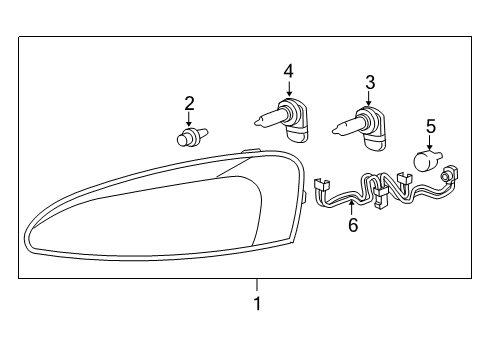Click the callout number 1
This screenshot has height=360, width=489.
click(x=257, y=303)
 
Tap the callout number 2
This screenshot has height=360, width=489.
click(x=189, y=102)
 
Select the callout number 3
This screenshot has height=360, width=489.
click(x=369, y=82)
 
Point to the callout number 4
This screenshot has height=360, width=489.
click(x=288, y=71)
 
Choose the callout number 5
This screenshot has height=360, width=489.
click(x=431, y=126)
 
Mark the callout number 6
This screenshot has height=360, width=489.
click(x=352, y=226)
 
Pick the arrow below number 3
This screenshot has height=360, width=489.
click(x=369, y=99)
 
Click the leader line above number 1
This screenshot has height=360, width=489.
click(x=257, y=284)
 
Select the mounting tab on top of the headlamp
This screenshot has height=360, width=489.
click(x=251, y=153)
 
